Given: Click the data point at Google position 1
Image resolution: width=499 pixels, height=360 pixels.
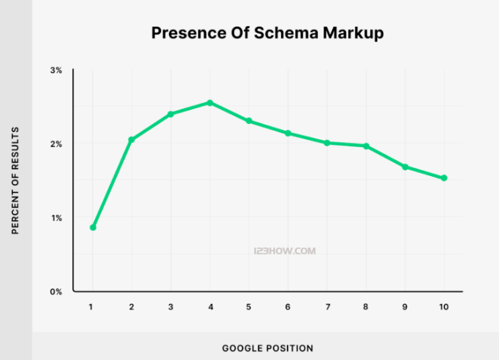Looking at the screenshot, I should point(92,227).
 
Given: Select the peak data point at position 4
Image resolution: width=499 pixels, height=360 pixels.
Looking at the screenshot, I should point(209,102).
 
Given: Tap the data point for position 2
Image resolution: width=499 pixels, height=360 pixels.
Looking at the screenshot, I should point(131,139).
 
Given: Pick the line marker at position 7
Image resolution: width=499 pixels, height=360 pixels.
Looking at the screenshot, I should point(327,143).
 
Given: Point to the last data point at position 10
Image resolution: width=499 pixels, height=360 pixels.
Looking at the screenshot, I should point(444,178).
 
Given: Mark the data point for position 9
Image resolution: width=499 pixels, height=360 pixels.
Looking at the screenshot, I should point(405,167).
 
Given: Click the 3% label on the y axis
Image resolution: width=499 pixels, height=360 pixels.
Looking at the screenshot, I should point(56,70).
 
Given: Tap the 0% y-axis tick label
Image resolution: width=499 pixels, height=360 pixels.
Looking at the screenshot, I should point(56,291).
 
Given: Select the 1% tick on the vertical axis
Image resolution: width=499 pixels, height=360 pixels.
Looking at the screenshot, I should point(56,218).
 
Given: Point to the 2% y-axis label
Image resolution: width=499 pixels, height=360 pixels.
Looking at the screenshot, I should point(56,144).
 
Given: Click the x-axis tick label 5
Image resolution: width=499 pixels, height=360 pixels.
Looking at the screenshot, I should point(248,307).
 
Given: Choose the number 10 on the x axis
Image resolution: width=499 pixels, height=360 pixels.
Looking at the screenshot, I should point(443,307).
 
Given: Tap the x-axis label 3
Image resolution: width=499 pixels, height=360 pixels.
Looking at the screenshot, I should point(170,307).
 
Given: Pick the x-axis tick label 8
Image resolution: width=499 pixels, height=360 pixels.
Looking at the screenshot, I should point(366,307).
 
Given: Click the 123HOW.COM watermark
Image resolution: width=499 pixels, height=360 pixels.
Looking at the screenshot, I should point(285,252).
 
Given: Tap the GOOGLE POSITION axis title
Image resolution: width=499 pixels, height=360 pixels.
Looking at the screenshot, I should point(267,348).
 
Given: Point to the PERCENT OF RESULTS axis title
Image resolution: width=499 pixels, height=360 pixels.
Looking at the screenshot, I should point(14,180).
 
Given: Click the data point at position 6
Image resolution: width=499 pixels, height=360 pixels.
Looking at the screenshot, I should point(288,133).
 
